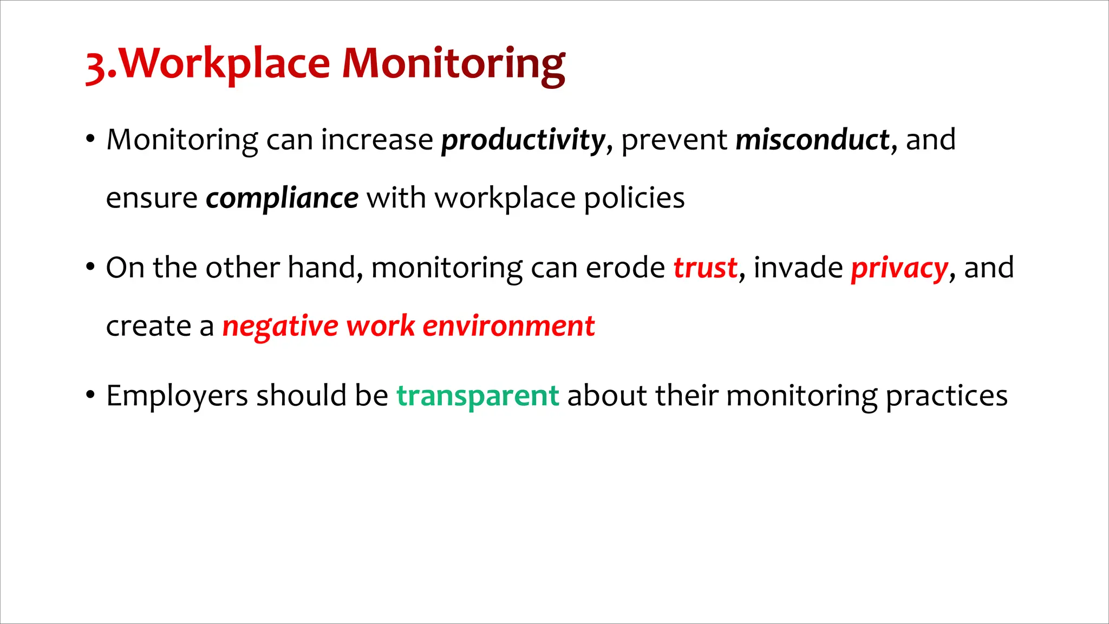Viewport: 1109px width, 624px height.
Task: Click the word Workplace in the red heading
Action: (x=224, y=64)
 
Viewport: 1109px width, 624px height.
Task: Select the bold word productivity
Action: (x=523, y=140)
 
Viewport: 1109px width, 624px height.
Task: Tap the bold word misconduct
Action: (x=812, y=140)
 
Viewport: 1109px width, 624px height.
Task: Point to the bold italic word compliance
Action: (x=282, y=198)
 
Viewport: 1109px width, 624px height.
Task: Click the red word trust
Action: (x=705, y=268)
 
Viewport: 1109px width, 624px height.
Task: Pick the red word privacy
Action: (x=899, y=269)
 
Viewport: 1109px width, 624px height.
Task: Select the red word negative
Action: (x=280, y=327)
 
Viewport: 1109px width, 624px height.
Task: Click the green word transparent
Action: (x=478, y=396)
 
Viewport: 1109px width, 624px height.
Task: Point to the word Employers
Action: (x=177, y=396)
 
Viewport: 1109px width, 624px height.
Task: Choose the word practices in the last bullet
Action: (x=946, y=396)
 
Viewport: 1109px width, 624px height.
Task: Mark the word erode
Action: (x=625, y=268)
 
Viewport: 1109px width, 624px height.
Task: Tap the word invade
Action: (x=798, y=268)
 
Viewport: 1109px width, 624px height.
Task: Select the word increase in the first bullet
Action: (x=377, y=140)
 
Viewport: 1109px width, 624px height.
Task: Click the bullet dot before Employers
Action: (x=90, y=394)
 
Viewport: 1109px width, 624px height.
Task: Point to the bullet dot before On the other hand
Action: (x=90, y=266)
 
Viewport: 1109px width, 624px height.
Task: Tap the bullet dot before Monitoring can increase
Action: (x=90, y=139)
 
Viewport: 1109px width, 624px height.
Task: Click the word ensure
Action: (x=152, y=198)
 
